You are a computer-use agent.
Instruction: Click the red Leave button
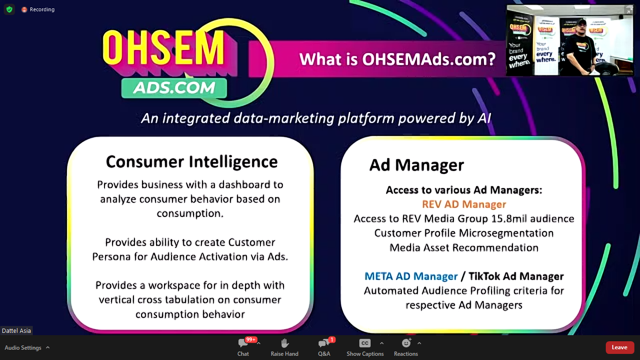pyautogui.click(x=619, y=347)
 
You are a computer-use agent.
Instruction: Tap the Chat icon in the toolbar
pyautogui.click(x=243, y=343)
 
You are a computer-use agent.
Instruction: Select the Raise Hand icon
pyautogui.click(x=284, y=343)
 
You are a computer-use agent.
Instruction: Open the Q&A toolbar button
pyautogui.click(x=324, y=343)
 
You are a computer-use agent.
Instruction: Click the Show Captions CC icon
pyautogui.click(x=365, y=343)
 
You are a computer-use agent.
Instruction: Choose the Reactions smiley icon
pyautogui.click(x=406, y=343)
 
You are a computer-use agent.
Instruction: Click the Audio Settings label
pyautogui.click(x=23, y=348)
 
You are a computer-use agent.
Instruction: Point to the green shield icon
pyautogui.click(x=9, y=9)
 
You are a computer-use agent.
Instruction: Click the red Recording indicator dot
pyautogui.click(x=24, y=9)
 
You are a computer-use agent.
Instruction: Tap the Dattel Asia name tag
pyautogui.click(x=16, y=330)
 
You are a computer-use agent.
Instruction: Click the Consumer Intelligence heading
pyautogui.click(x=192, y=162)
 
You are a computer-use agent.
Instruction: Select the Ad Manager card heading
pyautogui.click(x=417, y=165)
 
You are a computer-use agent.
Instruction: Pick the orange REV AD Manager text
pyautogui.click(x=464, y=204)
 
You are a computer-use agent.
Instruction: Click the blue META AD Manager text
pyautogui.click(x=411, y=276)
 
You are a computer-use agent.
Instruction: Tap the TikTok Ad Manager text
pyautogui.click(x=516, y=276)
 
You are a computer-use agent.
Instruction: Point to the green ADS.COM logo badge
pyautogui.click(x=174, y=88)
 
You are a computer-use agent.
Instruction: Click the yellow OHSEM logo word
pyautogui.click(x=164, y=47)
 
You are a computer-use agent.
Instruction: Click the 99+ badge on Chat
pyautogui.click(x=251, y=339)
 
